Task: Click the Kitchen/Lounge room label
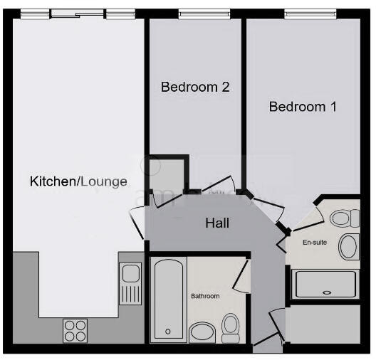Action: (x=78, y=181)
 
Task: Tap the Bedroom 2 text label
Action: (x=194, y=88)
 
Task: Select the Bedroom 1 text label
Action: (x=302, y=107)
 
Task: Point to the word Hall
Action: (x=217, y=223)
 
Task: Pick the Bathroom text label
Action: (x=204, y=295)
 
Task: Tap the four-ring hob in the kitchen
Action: (x=75, y=329)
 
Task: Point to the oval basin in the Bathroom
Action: (x=202, y=332)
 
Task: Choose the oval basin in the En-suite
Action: (x=349, y=247)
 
